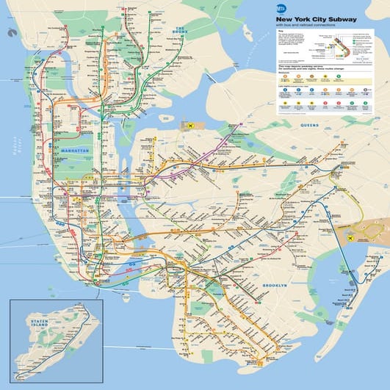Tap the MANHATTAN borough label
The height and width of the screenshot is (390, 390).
click(x=76, y=150)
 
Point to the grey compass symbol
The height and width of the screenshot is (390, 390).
click(x=10, y=32)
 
